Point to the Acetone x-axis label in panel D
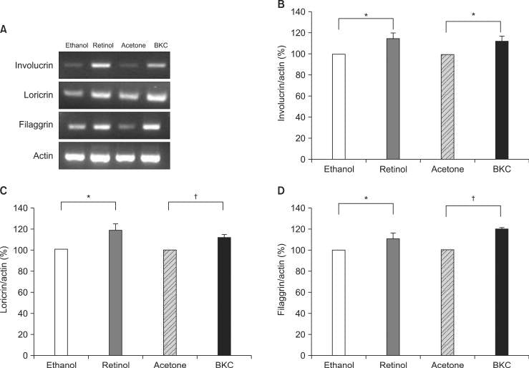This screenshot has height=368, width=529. coord(447,364)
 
